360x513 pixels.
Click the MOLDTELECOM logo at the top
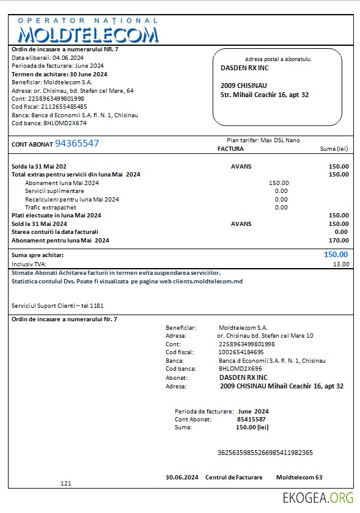coord(88,30)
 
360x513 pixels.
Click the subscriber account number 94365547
coord(77,144)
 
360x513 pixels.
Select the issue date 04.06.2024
coord(68,58)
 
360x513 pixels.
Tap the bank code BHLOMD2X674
coord(65,123)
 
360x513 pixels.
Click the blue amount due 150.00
coord(336,255)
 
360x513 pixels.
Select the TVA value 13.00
coord(341,264)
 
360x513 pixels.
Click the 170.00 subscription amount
coord(339,240)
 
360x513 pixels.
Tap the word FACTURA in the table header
coord(230,148)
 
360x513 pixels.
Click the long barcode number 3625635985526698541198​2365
coord(265,453)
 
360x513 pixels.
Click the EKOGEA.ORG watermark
coord(318,497)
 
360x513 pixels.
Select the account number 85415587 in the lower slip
coord(251,420)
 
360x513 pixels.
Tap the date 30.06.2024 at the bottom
coord(182,477)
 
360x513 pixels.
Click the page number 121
coord(66,483)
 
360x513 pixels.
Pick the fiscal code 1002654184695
coord(241,352)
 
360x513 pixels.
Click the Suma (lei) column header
coord(334,148)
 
